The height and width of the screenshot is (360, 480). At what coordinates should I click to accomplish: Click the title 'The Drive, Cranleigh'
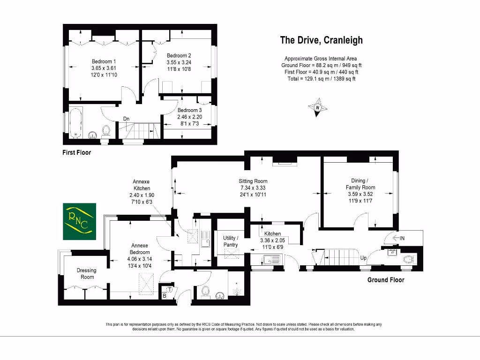[x=321, y=40]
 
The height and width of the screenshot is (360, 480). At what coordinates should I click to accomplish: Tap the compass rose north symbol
[x=318, y=107]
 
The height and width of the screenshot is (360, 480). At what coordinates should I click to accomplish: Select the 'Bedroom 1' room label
[x=104, y=61]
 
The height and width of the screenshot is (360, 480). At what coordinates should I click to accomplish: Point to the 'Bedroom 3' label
[x=189, y=110]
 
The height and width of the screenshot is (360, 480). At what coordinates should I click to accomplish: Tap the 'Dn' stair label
[x=127, y=119]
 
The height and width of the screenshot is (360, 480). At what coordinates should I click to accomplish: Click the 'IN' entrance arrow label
[x=399, y=238]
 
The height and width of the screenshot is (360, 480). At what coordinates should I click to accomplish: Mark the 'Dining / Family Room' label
[x=363, y=184]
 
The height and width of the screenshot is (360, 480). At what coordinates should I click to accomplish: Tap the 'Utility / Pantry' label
[x=231, y=241]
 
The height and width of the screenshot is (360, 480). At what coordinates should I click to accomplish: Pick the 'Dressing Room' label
[x=86, y=273]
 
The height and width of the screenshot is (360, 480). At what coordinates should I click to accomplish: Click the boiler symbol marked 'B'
[x=165, y=296]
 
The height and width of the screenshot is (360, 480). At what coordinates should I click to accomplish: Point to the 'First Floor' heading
[x=77, y=152]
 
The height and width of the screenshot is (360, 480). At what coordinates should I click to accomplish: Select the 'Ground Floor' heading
[x=385, y=280]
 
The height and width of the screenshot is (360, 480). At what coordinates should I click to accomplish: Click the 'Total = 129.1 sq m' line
[x=321, y=79]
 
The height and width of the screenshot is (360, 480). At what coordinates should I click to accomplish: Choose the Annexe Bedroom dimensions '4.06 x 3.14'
[x=139, y=259]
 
